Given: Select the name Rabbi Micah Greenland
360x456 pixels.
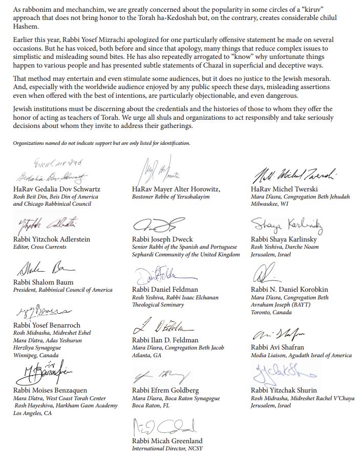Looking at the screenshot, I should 167,441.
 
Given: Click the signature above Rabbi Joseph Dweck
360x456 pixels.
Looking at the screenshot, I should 158,226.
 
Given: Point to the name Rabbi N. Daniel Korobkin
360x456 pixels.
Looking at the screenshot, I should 289,289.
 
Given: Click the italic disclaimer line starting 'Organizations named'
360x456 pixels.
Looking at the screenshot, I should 101,143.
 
